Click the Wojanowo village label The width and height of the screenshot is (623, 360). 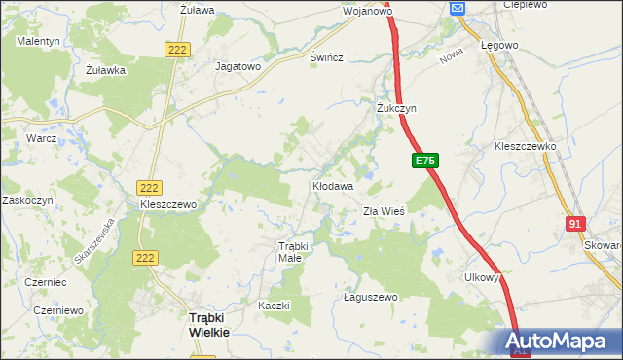pyautogui.click(x=367, y=12)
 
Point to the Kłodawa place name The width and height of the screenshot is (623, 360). pyautogui.click(x=332, y=184)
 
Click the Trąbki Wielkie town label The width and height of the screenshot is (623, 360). pyautogui.click(x=208, y=325)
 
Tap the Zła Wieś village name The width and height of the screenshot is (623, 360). pyautogui.click(x=383, y=211)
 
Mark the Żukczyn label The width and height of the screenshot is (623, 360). pyautogui.click(x=396, y=109)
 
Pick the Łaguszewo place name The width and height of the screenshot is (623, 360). pyautogui.click(x=371, y=297)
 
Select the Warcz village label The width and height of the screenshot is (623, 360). pyautogui.click(x=42, y=139)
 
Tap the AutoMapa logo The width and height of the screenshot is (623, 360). pyautogui.click(x=561, y=342)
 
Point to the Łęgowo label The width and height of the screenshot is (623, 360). pyautogui.click(x=498, y=45)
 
